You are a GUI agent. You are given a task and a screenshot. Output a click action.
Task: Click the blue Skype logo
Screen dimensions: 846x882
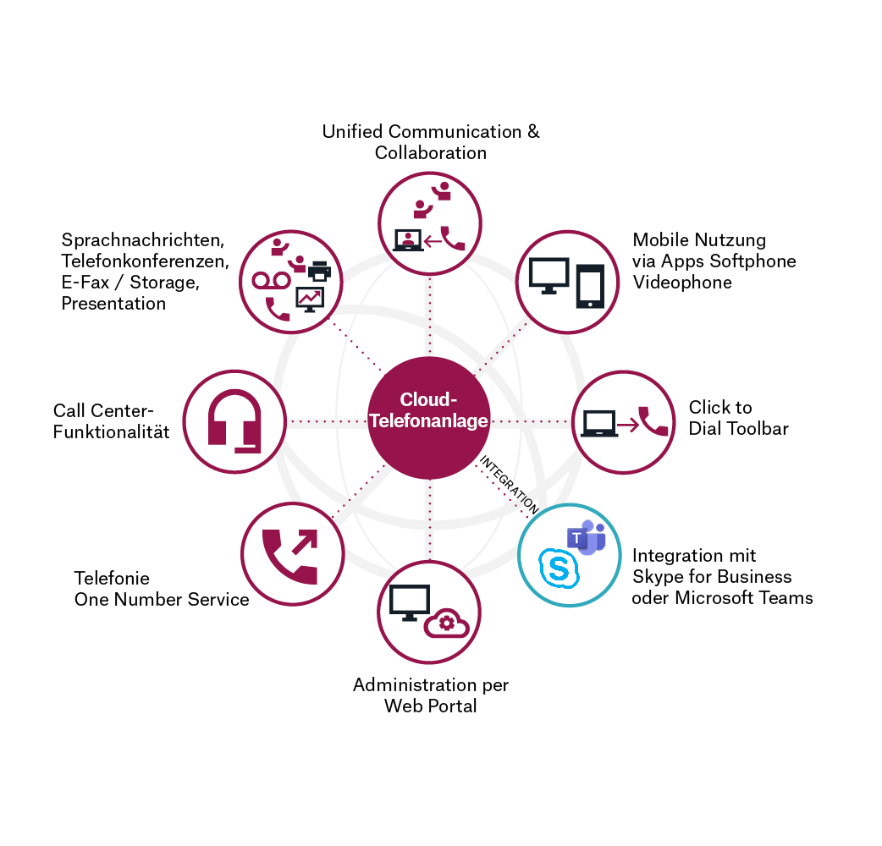(560, 568)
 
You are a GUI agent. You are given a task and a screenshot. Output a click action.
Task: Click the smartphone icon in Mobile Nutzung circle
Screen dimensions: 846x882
(589, 286)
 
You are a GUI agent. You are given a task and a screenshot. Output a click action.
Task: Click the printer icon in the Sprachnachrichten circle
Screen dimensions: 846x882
(319, 272)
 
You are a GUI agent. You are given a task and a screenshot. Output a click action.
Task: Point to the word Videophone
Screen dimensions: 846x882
(670, 283)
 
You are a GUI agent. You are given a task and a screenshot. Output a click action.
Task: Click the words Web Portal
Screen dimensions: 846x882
(431, 706)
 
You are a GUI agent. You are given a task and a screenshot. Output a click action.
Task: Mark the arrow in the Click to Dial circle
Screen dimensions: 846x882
(627, 422)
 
